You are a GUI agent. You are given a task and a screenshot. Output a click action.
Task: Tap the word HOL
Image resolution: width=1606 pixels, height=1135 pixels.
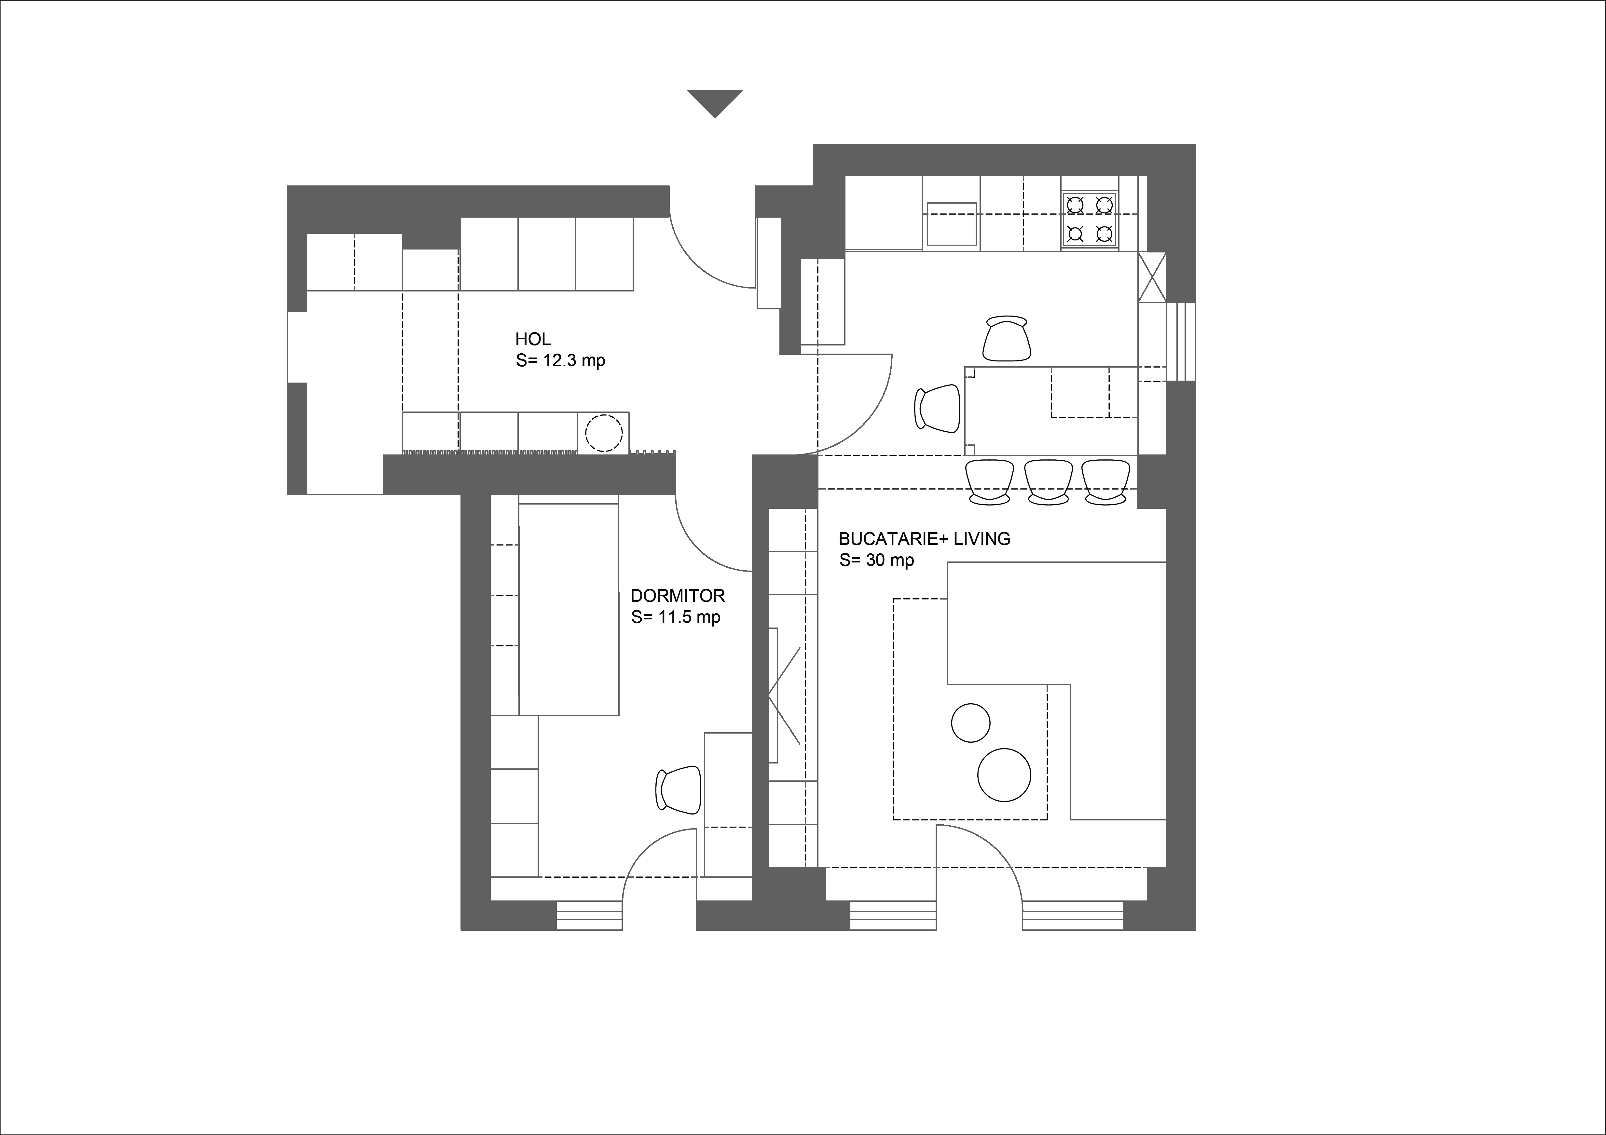point(533,339)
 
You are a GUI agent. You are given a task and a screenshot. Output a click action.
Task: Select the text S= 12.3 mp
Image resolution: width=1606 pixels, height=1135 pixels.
point(560,361)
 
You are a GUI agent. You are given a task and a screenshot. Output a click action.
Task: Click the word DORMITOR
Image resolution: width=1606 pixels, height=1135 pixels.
point(677,596)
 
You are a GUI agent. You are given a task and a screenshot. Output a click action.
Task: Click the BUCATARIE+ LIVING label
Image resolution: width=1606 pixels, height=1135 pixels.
point(924,538)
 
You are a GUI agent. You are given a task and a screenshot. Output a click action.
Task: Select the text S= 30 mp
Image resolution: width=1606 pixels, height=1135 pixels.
point(876,560)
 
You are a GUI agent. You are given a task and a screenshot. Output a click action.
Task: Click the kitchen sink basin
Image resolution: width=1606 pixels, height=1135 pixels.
point(951,224)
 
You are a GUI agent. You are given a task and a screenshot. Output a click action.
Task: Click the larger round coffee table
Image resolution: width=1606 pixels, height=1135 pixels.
point(1004,775)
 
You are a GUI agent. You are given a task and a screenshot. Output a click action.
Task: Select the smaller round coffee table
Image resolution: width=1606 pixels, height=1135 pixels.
point(971,723)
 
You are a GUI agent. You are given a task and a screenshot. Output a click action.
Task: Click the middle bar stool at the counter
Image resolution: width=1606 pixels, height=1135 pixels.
point(1049,482)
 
